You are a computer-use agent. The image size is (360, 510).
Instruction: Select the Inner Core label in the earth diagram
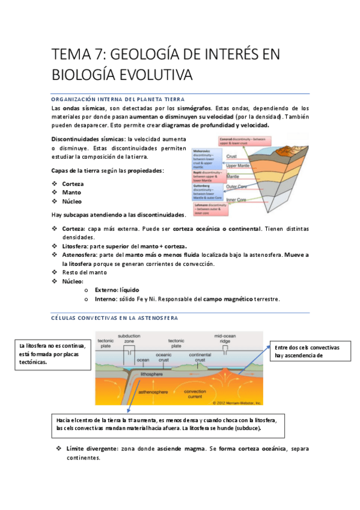pos(239,200)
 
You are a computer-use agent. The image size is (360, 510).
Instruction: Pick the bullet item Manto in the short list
pos(72,192)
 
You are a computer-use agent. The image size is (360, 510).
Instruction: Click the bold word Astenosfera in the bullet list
pos(79,255)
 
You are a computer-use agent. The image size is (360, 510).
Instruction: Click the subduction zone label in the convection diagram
pos(129,339)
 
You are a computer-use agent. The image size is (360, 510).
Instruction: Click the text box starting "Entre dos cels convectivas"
pos(307,351)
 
